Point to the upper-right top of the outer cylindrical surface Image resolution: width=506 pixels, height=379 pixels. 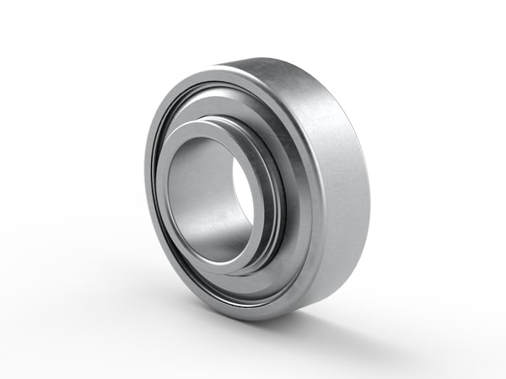pyautogui.click(x=312, y=80)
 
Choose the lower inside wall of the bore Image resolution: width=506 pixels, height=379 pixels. pyautogui.click(x=211, y=240)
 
